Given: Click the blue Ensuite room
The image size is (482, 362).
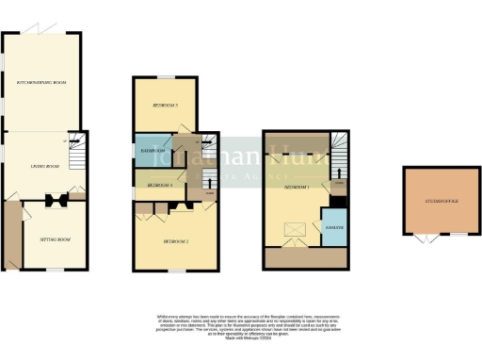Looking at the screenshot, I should [333, 227].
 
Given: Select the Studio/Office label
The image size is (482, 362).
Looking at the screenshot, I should [440, 200].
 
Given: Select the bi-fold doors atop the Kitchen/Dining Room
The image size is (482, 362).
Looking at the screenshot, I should [37, 31].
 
